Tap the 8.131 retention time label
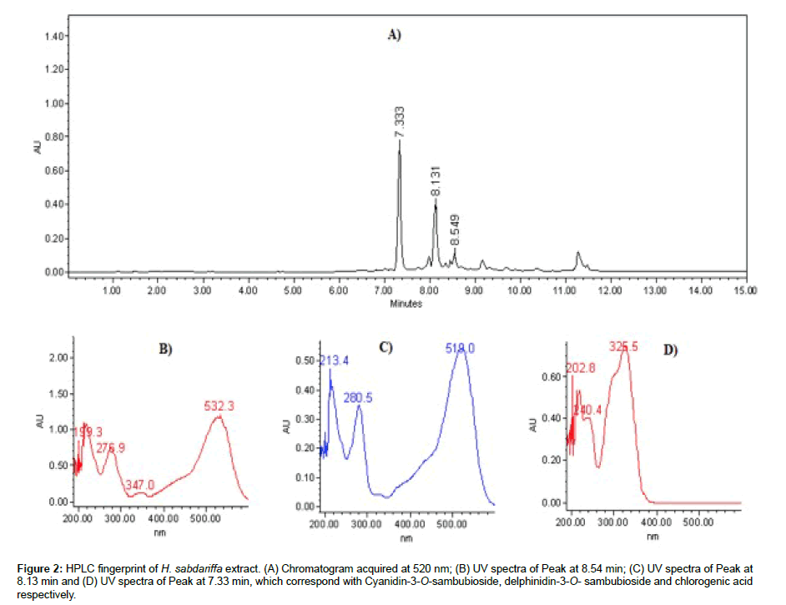point(436,182)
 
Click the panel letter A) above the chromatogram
point(394,35)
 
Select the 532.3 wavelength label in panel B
point(219,406)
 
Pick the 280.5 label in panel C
point(359,398)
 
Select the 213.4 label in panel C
point(335,360)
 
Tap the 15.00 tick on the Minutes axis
point(745,290)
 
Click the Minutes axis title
point(406,304)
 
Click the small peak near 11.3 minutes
point(577,252)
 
